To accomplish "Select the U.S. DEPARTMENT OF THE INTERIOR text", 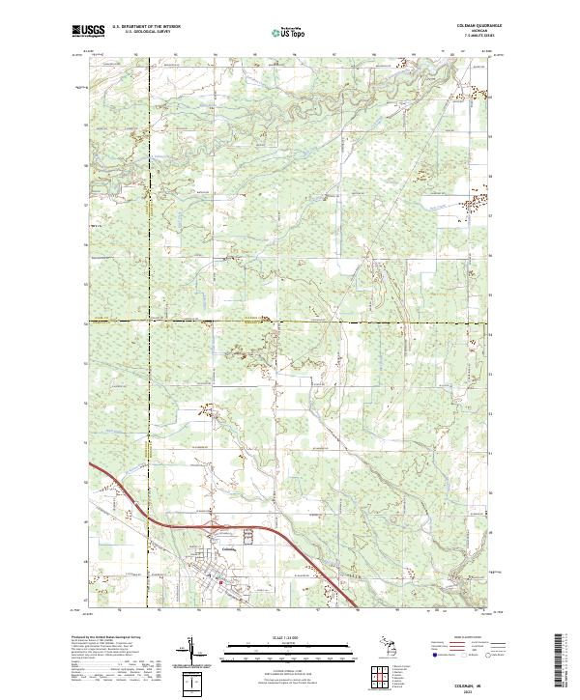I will pos(146,27).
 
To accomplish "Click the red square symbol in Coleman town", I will pos(220,582).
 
